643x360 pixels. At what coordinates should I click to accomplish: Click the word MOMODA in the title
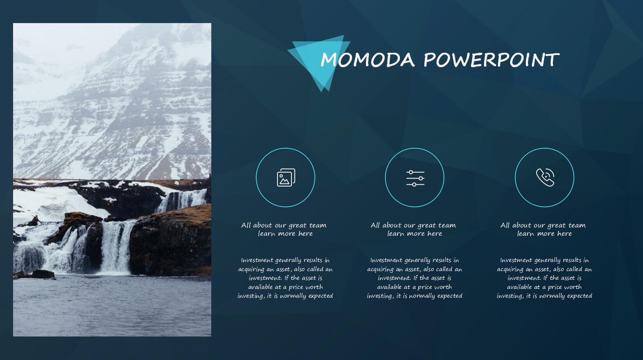(368, 60)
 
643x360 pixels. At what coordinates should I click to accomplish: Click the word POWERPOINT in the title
(491, 60)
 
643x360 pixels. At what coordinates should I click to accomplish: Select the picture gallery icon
(286, 177)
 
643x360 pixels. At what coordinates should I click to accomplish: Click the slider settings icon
(415, 178)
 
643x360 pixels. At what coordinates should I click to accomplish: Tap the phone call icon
(545, 177)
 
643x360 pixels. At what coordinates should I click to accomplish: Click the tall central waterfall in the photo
(116, 247)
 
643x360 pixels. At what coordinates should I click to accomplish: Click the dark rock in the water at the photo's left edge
(43, 274)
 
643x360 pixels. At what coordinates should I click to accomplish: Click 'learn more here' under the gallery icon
(285, 234)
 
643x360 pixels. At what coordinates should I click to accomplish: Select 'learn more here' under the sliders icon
(415, 234)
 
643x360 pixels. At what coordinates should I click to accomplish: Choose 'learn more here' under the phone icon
(545, 234)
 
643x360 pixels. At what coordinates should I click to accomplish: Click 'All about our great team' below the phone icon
(543, 225)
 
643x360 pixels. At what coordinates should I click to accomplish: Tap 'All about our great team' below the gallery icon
(284, 225)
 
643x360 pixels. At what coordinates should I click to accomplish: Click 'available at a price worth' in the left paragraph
(286, 287)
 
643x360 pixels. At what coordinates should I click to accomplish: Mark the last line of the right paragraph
(545, 296)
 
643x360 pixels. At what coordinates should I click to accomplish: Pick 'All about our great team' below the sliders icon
(413, 225)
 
